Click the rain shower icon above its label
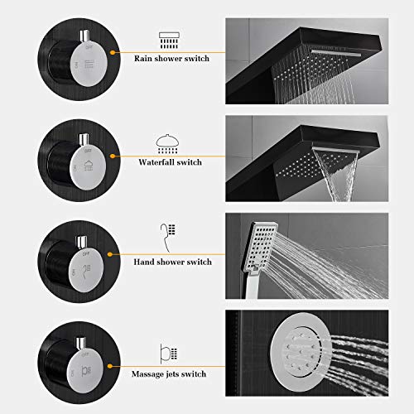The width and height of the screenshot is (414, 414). pos(168,38)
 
